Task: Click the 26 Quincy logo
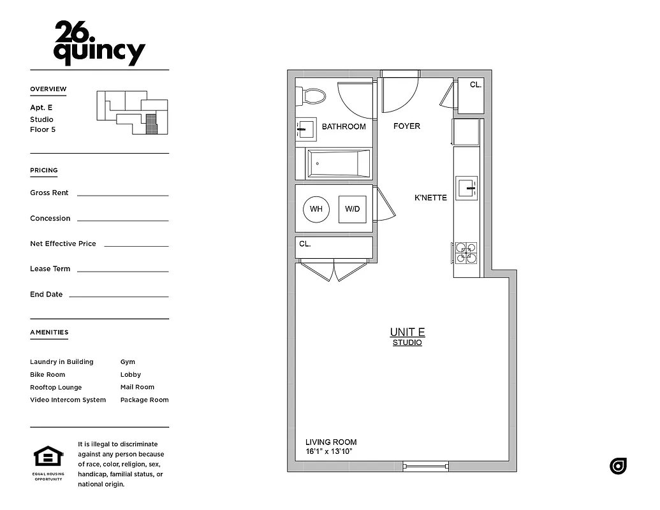99,43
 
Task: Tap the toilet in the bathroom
312,96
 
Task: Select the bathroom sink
306,129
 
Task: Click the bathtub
339,164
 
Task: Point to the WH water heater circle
316,209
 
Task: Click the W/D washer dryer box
352,209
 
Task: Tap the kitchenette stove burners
466,252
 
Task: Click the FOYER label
406,126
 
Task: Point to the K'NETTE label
430,198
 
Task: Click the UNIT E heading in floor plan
407,332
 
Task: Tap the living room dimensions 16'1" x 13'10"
328,451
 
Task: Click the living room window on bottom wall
424,467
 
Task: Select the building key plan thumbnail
132,112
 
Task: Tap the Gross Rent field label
49,193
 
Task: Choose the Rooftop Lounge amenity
55,387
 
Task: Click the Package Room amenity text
144,400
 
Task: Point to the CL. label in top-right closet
475,84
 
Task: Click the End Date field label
46,295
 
